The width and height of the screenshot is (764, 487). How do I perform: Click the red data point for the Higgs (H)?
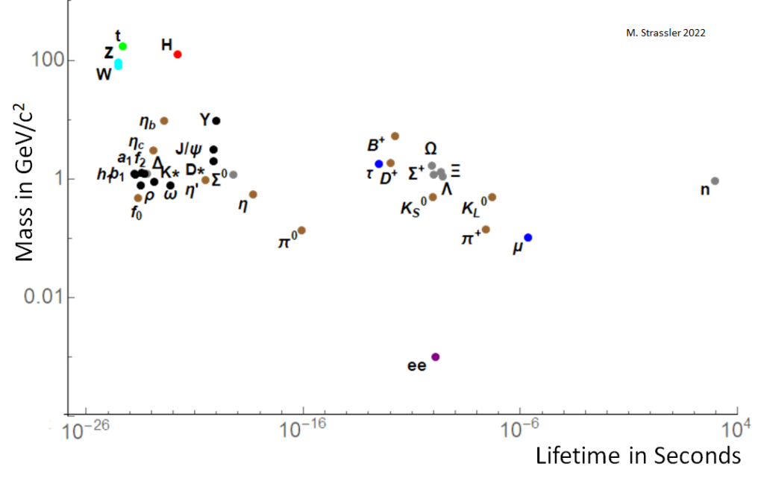tap(178, 54)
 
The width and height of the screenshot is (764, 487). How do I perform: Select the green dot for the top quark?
tap(123, 46)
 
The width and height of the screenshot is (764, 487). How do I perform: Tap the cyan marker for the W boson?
tap(118, 65)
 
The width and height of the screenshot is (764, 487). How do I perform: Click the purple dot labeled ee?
tap(436, 357)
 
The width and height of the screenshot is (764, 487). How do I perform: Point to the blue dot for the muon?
tap(528, 237)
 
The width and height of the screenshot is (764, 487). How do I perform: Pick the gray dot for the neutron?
tap(715, 181)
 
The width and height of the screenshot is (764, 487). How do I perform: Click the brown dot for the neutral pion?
tap(301, 230)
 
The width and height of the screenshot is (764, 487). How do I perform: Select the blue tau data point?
tap(379, 164)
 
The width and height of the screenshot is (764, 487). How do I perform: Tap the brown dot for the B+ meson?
tap(395, 136)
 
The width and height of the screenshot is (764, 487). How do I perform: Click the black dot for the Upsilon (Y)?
tap(216, 121)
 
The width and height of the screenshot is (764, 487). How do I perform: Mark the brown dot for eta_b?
tap(164, 121)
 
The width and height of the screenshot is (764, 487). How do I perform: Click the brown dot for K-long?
tap(492, 197)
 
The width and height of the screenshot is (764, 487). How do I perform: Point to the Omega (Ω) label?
tap(430, 148)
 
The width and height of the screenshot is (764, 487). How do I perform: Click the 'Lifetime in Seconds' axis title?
tap(638, 456)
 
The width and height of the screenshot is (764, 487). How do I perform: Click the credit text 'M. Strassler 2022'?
tap(665, 33)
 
